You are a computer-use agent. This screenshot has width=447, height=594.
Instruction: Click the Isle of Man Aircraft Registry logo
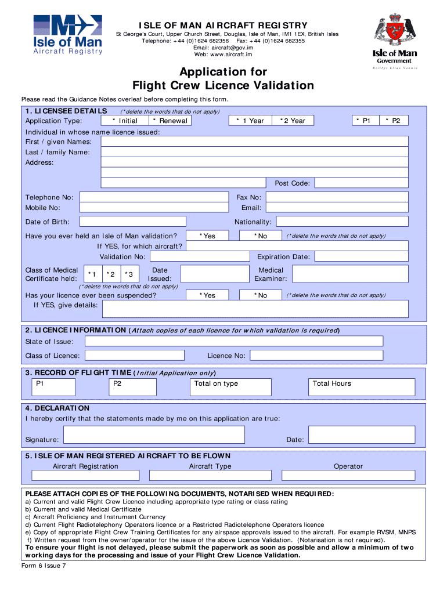(68, 34)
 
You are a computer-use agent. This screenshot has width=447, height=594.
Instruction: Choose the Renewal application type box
(170, 121)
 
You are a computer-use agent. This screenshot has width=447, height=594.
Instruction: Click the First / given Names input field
(258, 142)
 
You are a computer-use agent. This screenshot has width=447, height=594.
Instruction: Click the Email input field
(340, 208)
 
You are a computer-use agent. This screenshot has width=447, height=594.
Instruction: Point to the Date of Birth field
(132, 222)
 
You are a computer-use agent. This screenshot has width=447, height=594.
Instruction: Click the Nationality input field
(345, 222)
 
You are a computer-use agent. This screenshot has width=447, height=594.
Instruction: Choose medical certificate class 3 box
(131, 274)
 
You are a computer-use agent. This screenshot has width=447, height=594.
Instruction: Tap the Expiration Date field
(364, 256)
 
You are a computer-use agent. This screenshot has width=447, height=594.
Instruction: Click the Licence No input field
(316, 356)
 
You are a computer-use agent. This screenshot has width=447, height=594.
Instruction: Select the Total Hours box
(362, 387)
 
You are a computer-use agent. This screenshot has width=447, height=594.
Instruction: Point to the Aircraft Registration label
(85, 466)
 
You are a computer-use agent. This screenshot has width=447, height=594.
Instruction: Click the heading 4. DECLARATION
(57, 408)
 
